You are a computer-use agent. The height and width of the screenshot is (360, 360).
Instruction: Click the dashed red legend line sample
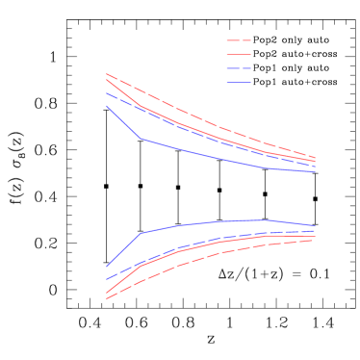[239, 40]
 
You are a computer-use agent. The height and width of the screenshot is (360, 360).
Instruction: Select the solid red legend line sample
[239, 55]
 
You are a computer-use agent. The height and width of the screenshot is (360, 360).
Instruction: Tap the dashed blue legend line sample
[239, 68]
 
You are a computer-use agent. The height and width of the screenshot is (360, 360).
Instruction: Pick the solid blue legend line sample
[239, 83]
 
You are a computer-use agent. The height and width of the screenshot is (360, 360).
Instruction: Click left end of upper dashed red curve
[106, 73]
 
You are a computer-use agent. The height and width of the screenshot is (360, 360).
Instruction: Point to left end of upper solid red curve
[106, 80]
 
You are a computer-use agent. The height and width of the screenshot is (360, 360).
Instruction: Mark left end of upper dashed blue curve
[106, 92]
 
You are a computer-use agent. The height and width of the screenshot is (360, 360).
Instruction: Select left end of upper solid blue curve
[106, 106]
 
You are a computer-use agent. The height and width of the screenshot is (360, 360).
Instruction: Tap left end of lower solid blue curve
[106, 267]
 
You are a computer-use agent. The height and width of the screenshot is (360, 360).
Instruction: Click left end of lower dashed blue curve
[106, 280]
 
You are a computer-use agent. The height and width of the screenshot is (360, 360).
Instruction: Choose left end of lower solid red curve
[106, 293]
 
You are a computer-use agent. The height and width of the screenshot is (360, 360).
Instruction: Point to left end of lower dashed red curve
[106, 299]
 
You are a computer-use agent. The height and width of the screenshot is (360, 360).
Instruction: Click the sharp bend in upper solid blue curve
[141, 139]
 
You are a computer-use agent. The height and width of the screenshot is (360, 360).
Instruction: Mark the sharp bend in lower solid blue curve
[141, 233]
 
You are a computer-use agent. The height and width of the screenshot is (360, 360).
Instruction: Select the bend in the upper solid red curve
[141, 107]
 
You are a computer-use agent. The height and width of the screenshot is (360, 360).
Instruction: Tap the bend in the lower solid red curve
[141, 265]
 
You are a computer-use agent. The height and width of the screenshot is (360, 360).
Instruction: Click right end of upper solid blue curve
[316, 172]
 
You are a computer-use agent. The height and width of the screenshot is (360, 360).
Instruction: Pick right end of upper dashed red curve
[316, 157]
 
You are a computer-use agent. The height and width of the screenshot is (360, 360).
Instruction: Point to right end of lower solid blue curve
[316, 226]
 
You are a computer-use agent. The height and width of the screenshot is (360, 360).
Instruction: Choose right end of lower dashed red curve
[316, 240]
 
